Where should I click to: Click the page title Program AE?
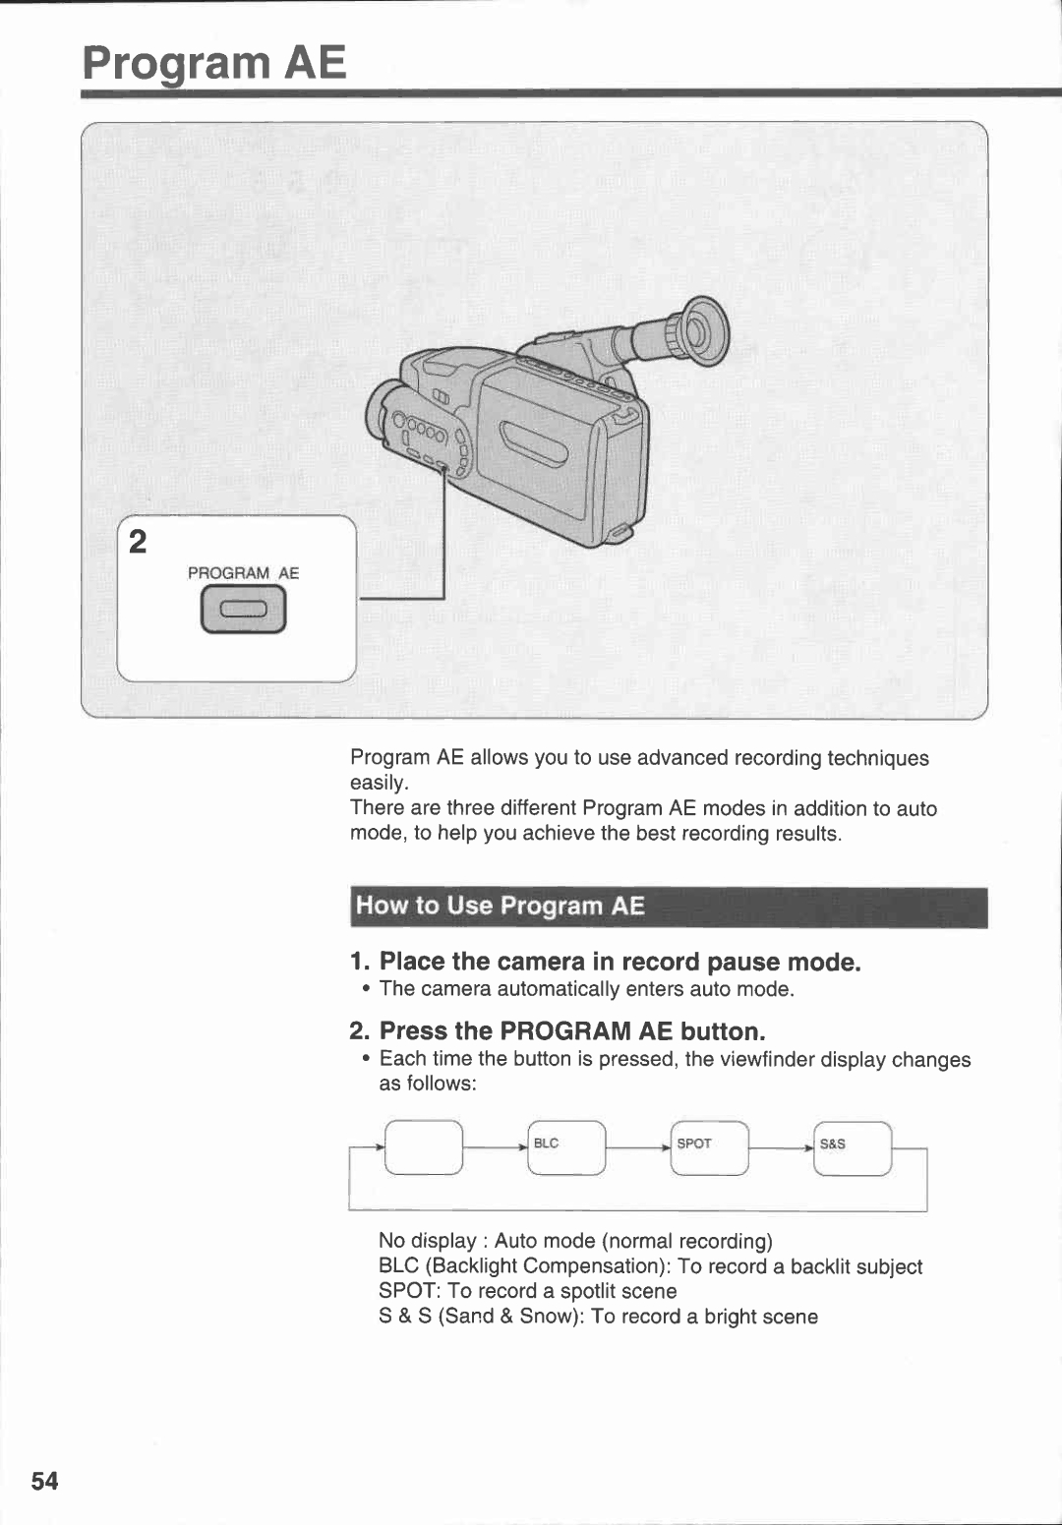pyautogui.click(x=214, y=63)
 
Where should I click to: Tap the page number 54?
pyautogui.click(x=44, y=1481)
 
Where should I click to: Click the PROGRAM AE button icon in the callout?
pyautogui.click(x=243, y=610)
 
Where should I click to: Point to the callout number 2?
pyautogui.click(x=138, y=542)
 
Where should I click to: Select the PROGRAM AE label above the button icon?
pyautogui.click(x=243, y=573)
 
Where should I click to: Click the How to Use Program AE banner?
pyautogui.click(x=669, y=907)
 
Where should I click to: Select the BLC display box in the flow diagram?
pyautogui.click(x=566, y=1147)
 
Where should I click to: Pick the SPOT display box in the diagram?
pyautogui.click(x=710, y=1147)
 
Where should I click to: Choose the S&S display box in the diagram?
pyautogui.click(x=853, y=1147)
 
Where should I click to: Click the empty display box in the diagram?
pyautogui.click(x=424, y=1147)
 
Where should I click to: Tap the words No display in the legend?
pyautogui.click(x=427, y=1241)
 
